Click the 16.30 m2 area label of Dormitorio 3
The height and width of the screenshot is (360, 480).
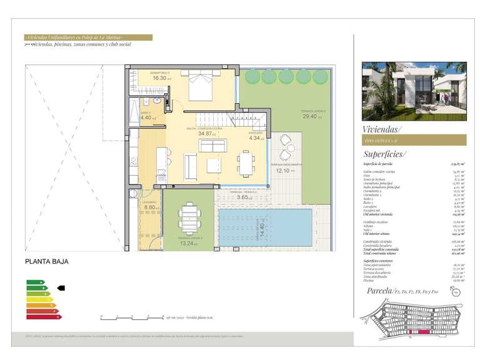pyautogui.click(x=160, y=79)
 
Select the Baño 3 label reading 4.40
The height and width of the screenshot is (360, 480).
pyautogui.click(x=146, y=117)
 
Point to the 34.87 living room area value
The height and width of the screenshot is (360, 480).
pyautogui.click(x=206, y=133)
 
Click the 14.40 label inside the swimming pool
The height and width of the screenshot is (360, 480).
pyautogui.click(x=271, y=226)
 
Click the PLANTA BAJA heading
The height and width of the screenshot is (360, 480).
pyautogui.click(x=47, y=262)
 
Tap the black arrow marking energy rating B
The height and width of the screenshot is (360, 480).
pyautogui.click(x=61, y=288)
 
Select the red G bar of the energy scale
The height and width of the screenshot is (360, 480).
pyautogui.click(x=43, y=316)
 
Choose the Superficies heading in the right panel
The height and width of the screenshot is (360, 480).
pyautogui.click(x=384, y=154)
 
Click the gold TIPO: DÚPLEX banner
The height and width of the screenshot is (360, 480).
pyautogui.click(x=414, y=140)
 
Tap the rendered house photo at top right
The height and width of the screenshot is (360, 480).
pyautogui.click(x=414, y=91)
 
